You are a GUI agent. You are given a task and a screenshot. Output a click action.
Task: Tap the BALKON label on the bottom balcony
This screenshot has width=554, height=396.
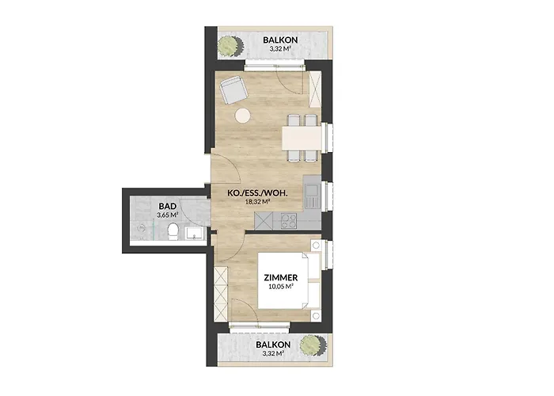tap(273, 345)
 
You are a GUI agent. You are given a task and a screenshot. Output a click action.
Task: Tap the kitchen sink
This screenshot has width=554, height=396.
tap(312, 191)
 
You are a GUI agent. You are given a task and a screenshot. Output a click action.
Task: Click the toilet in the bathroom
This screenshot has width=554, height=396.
tap(173, 230)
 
